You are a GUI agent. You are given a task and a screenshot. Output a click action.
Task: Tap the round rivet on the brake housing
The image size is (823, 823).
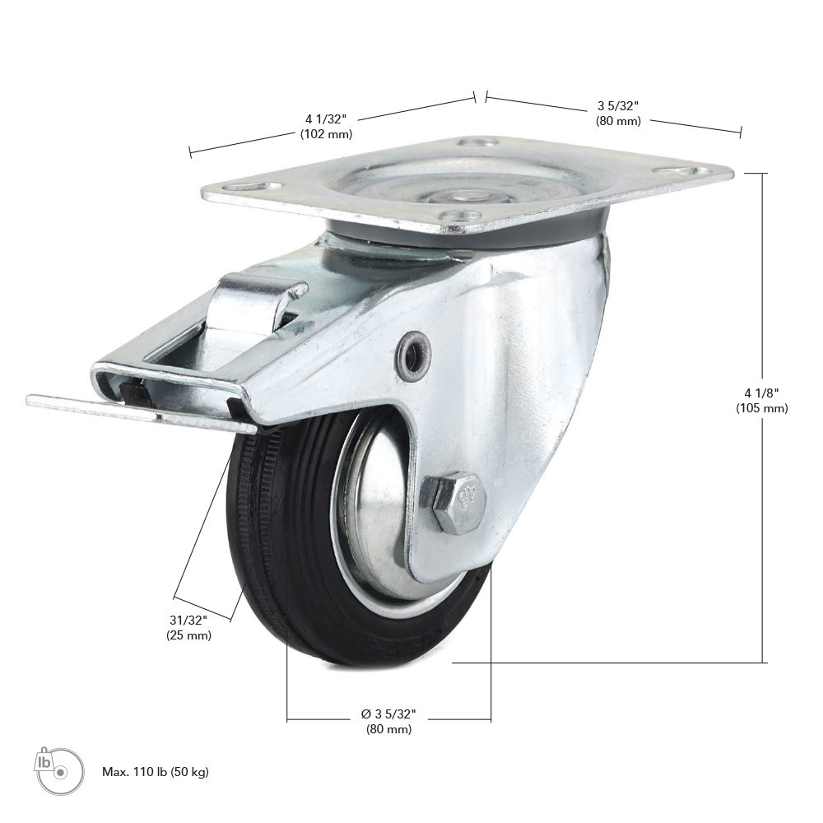pyautogui.click(x=414, y=349)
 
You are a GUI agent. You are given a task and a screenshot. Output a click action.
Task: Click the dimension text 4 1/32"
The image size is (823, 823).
pyautogui.click(x=326, y=119)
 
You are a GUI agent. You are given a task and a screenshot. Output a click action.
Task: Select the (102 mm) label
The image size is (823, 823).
pyautogui.click(x=326, y=134)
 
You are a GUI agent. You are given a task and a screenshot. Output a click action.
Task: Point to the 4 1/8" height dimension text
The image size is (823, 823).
pyautogui.click(x=761, y=393)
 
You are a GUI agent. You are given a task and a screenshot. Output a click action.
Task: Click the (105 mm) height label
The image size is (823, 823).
pyautogui.click(x=761, y=408)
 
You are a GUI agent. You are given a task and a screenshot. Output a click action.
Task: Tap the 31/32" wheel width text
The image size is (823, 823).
pyautogui.click(x=188, y=621)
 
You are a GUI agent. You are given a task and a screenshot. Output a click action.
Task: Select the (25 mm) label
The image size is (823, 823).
pyautogui.click(x=189, y=635)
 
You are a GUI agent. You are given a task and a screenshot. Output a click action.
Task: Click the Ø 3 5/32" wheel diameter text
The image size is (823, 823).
pyautogui.click(x=388, y=714)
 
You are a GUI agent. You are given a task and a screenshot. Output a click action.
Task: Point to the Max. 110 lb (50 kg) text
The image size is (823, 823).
pyautogui.click(x=156, y=772)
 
